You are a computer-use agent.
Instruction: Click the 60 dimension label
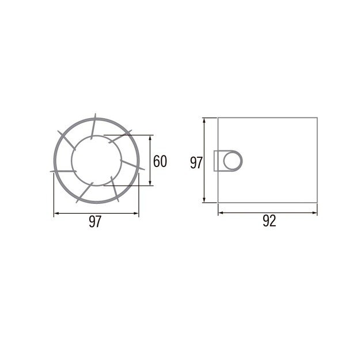[160, 161]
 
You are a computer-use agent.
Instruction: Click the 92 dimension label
[269, 221]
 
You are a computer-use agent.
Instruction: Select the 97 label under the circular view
[95, 222]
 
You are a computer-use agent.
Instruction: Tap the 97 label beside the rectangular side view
[196, 163]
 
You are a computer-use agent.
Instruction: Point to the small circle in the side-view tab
[233, 161]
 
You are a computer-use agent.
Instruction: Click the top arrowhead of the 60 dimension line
[150, 138]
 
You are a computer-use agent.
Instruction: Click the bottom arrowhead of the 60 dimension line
[150, 183]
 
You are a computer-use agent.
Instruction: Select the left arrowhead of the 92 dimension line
[221, 213]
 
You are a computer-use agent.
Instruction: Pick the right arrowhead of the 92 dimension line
[314, 213]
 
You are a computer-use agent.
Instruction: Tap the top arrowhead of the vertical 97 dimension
[204, 120]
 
